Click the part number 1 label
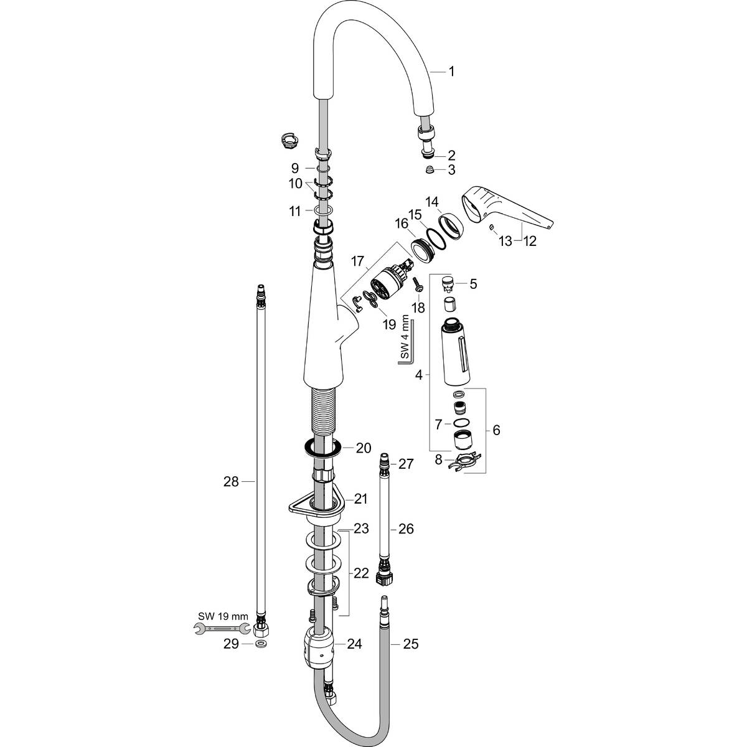click(x=451, y=72)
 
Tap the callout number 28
click(x=231, y=481)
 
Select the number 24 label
click(x=354, y=644)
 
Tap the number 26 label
click(x=406, y=529)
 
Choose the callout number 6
click(x=496, y=430)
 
